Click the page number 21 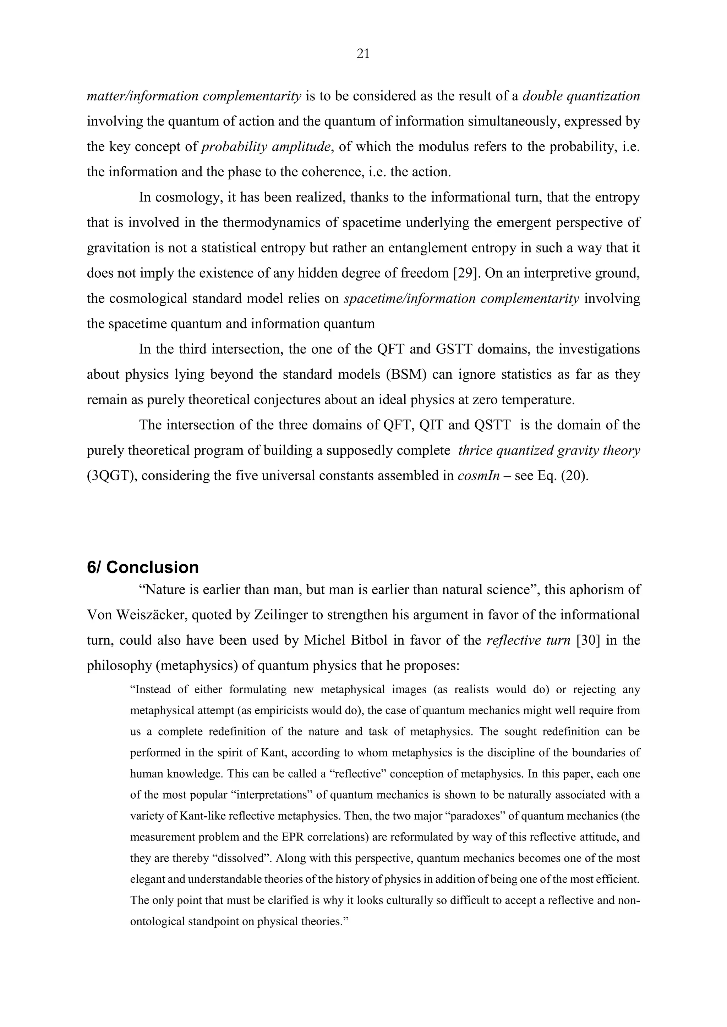coord(363,54)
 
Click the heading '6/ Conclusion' coord(143,567)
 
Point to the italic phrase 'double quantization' coord(581,96)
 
